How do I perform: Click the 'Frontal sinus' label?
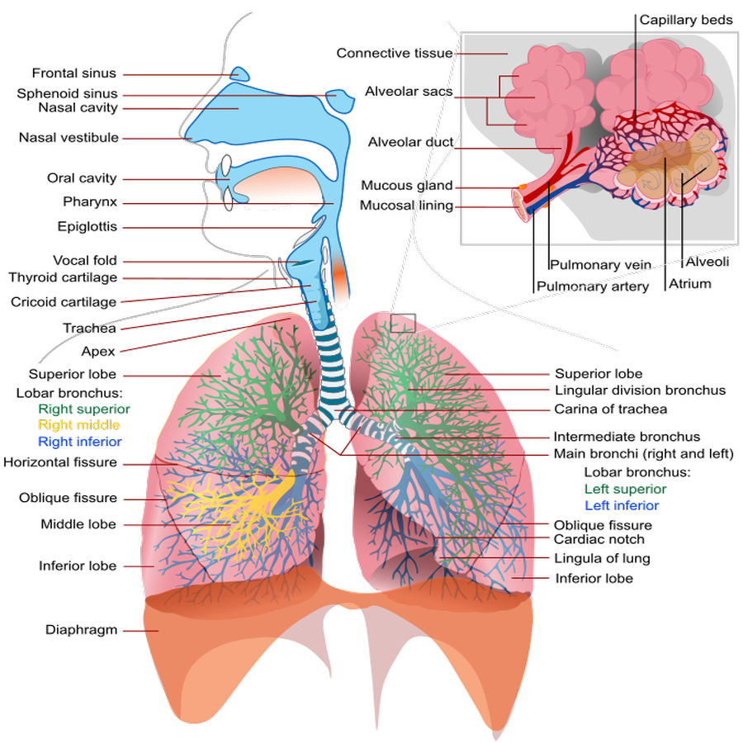tap(74, 73)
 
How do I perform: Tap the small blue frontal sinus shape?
tap(239, 74)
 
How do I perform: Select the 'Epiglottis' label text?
tap(88, 226)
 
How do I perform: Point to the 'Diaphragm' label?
tap(81, 630)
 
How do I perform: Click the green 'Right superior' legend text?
tap(84, 409)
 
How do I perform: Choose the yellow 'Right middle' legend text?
tap(78, 424)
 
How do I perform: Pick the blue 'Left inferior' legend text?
tap(622, 505)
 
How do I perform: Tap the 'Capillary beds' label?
tap(686, 20)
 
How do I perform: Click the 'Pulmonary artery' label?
tap(593, 286)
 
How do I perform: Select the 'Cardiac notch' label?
tap(599, 539)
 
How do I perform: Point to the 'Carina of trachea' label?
tap(611, 409)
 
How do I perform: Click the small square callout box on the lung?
tap(403, 323)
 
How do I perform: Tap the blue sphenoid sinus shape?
tap(340, 101)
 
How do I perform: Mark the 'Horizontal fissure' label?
tap(60, 462)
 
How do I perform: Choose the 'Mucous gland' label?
tap(407, 185)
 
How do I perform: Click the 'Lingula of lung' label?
tap(603, 558)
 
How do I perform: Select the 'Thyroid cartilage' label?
tap(63, 277)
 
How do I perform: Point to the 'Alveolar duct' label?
tap(411, 142)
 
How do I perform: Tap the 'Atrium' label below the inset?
tap(690, 284)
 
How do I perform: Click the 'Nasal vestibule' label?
tap(69, 137)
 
